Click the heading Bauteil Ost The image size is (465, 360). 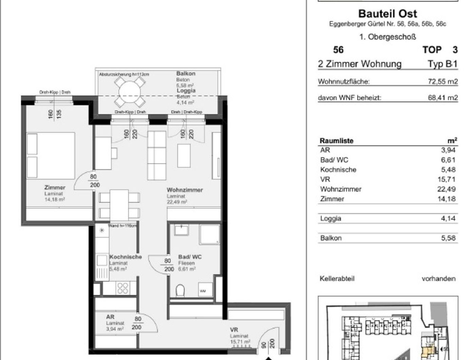pyautogui.click(x=388, y=14)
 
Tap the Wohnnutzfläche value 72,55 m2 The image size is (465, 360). pyautogui.click(x=443, y=82)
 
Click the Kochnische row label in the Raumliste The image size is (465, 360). pyautogui.click(x=338, y=170)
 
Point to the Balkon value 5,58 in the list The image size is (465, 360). pyautogui.click(x=448, y=238)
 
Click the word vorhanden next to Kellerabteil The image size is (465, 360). pyautogui.click(x=438, y=279)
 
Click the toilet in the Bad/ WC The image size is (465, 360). pyautogui.click(x=180, y=291)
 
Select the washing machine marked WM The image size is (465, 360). pyautogui.click(x=203, y=290)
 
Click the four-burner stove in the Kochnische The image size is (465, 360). pyautogui.click(x=123, y=288)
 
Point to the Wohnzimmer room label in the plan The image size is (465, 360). pyautogui.click(x=185, y=190)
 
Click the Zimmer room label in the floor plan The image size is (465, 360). pyautogui.click(x=55, y=187)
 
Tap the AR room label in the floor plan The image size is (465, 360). pyautogui.click(x=110, y=317)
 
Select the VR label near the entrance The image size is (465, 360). pyautogui.click(x=234, y=330)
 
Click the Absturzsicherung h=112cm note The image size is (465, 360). pyautogui.click(x=124, y=74)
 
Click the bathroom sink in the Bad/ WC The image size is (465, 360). pyautogui.click(x=182, y=230)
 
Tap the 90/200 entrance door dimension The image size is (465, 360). pyautogui.click(x=268, y=344)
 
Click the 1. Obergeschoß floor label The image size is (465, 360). pyautogui.click(x=388, y=37)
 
